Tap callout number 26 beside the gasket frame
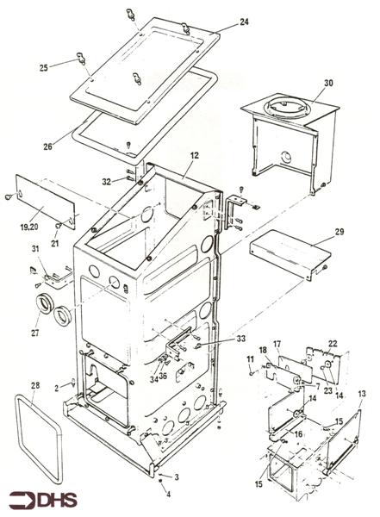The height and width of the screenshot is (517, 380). pos(48,146)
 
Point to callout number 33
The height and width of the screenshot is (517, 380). pos(240,339)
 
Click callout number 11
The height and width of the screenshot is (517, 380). pos(251,358)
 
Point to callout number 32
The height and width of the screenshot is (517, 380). pos(129,182)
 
